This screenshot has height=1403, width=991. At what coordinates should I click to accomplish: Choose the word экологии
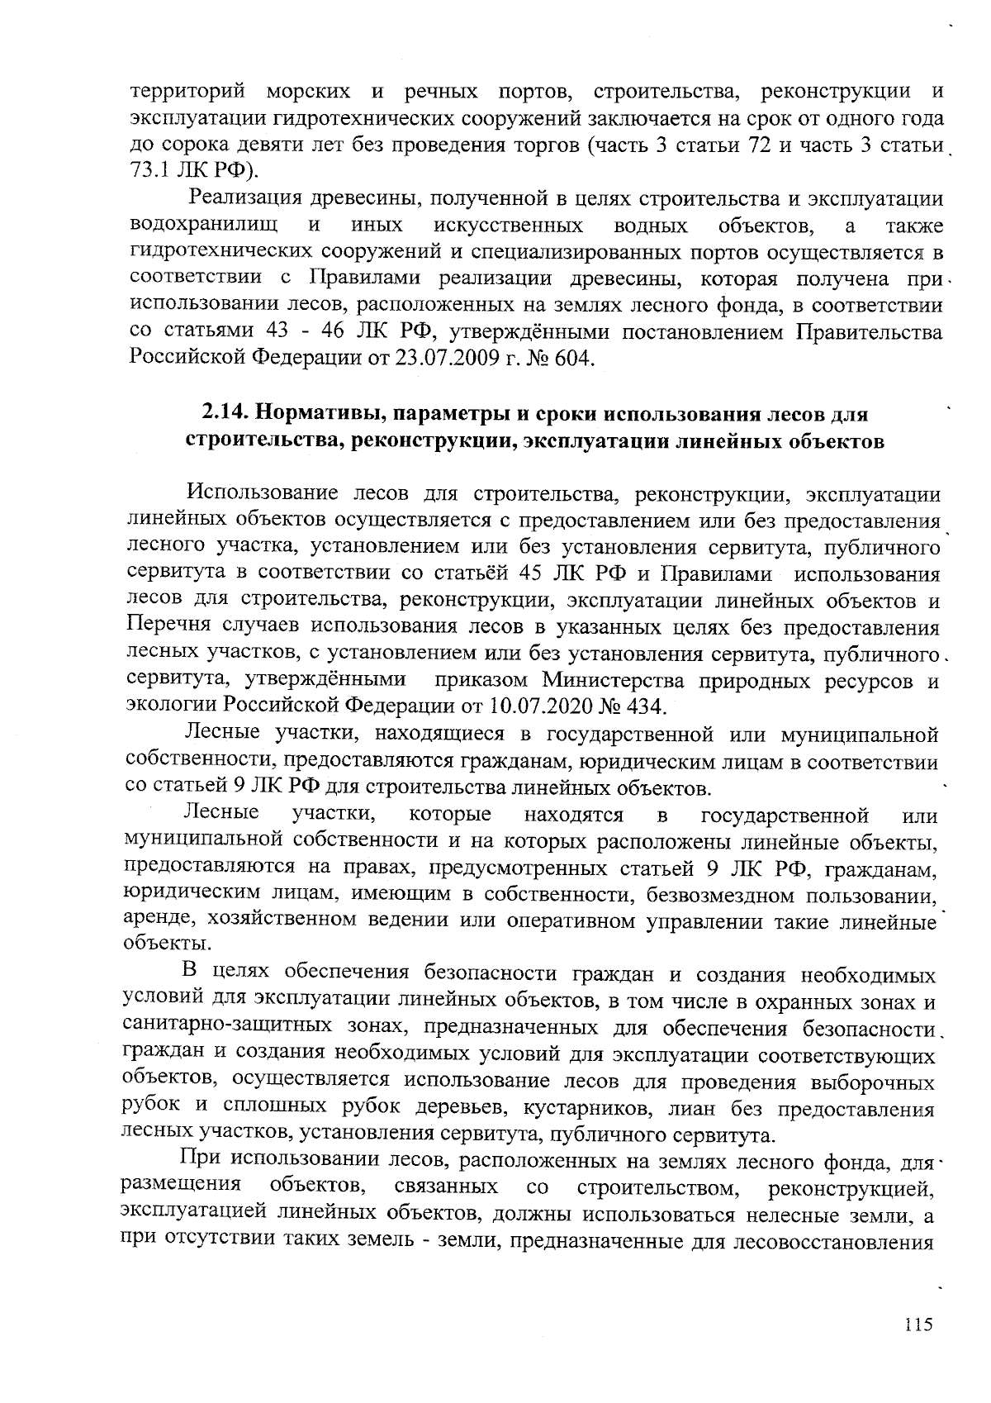coord(170,706)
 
